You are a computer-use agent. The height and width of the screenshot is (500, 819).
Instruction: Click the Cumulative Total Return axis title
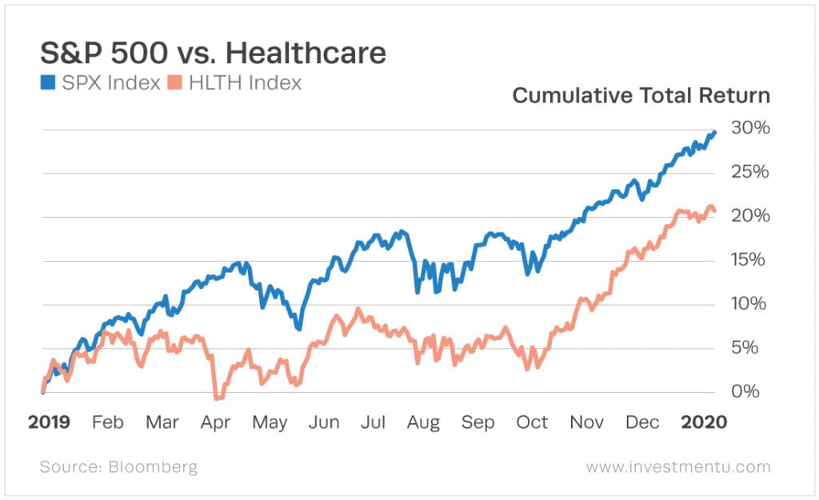(x=641, y=96)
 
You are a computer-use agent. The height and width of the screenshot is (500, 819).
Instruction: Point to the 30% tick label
(x=750, y=129)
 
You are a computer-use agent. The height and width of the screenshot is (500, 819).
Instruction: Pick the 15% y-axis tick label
(x=750, y=260)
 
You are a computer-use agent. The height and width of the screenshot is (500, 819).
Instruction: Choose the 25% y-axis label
(x=750, y=173)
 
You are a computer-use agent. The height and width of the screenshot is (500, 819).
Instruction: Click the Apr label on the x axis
(x=216, y=422)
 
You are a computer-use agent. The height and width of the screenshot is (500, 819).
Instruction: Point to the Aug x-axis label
(x=422, y=422)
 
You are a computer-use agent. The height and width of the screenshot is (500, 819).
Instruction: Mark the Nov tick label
(x=588, y=422)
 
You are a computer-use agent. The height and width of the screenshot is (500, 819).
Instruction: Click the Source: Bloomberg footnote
(x=118, y=466)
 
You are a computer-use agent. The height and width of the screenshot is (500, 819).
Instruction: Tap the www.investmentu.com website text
(x=678, y=466)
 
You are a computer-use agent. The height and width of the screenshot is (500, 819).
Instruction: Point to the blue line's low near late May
(x=298, y=328)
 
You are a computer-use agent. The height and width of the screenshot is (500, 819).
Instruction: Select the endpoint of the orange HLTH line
(x=713, y=211)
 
